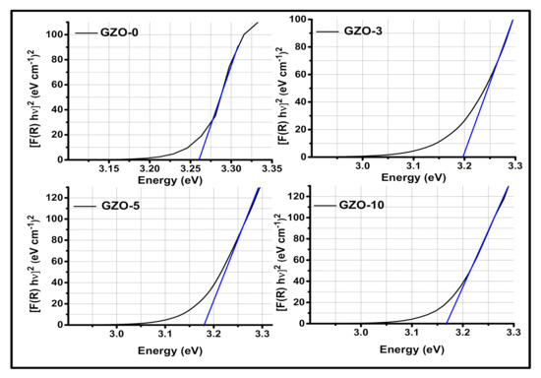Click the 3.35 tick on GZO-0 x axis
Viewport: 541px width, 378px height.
[x=260, y=168]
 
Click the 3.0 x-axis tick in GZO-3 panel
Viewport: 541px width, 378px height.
[x=362, y=168]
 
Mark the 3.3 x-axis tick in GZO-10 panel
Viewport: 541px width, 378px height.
[x=512, y=335]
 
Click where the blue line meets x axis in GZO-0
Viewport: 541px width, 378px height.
[x=200, y=158]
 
